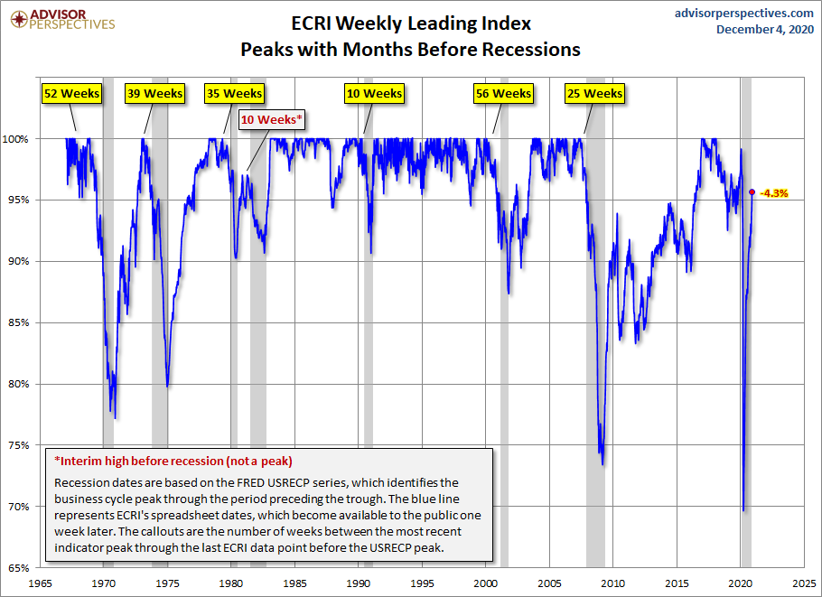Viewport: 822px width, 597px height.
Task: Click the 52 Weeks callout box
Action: tap(72, 93)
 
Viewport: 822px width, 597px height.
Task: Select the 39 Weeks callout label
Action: tap(155, 93)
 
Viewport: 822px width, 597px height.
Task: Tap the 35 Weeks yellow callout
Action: tap(233, 93)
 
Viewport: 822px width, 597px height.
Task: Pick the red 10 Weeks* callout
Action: tap(272, 119)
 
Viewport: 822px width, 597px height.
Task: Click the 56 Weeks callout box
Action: tap(503, 93)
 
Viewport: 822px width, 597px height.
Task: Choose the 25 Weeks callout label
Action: tap(594, 93)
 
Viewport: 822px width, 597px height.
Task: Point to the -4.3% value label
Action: tap(775, 192)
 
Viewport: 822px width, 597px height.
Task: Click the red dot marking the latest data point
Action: tap(752, 191)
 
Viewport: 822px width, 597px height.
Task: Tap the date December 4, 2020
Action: tap(764, 30)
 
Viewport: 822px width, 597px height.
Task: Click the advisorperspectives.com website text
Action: tap(744, 13)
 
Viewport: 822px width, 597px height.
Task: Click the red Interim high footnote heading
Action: tap(173, 460)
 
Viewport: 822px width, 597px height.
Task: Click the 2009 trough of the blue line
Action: tap(602, 463)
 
